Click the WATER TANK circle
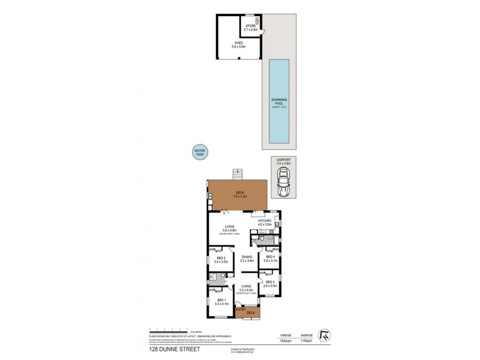199,153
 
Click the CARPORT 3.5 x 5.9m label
283,161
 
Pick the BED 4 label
269,258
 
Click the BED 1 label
221,301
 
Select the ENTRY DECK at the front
245,312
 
